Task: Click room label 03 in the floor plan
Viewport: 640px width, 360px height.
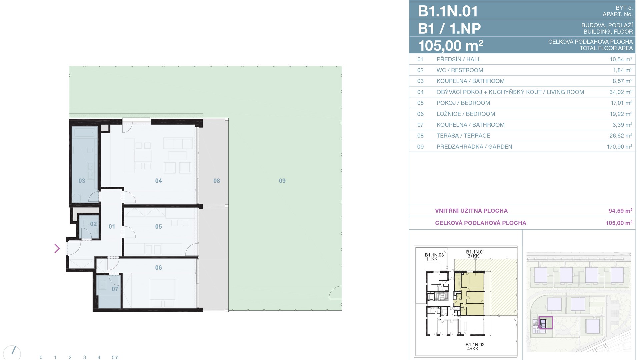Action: coord(82,181)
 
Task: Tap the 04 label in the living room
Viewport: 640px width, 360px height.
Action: coord(158,181)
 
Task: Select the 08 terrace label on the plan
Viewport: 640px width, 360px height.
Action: coord(217,181)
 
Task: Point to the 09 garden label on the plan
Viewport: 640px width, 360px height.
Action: coord(282,181)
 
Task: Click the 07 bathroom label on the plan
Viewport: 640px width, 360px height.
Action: coord(115,289)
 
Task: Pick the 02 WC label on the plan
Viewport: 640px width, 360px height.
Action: coord(93,224)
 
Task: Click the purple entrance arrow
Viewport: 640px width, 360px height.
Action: coord(57,248)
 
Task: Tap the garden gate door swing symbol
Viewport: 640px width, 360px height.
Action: coord(335,293)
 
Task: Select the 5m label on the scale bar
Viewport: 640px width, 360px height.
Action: coord(115,357)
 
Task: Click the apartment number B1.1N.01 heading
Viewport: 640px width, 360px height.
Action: coord(448,11)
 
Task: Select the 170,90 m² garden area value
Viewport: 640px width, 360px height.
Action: coord(619,147)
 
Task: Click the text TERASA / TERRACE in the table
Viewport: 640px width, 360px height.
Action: coord(463,136)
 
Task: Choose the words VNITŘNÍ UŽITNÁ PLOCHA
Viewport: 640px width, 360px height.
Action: coord(471,211)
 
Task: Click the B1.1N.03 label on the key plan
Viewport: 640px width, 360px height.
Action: coord(434,255)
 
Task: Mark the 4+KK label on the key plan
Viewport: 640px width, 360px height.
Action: coord(473,349)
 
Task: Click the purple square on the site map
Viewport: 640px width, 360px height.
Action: coord(546,323)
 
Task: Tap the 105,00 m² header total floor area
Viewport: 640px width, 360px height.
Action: coord(451,46)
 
